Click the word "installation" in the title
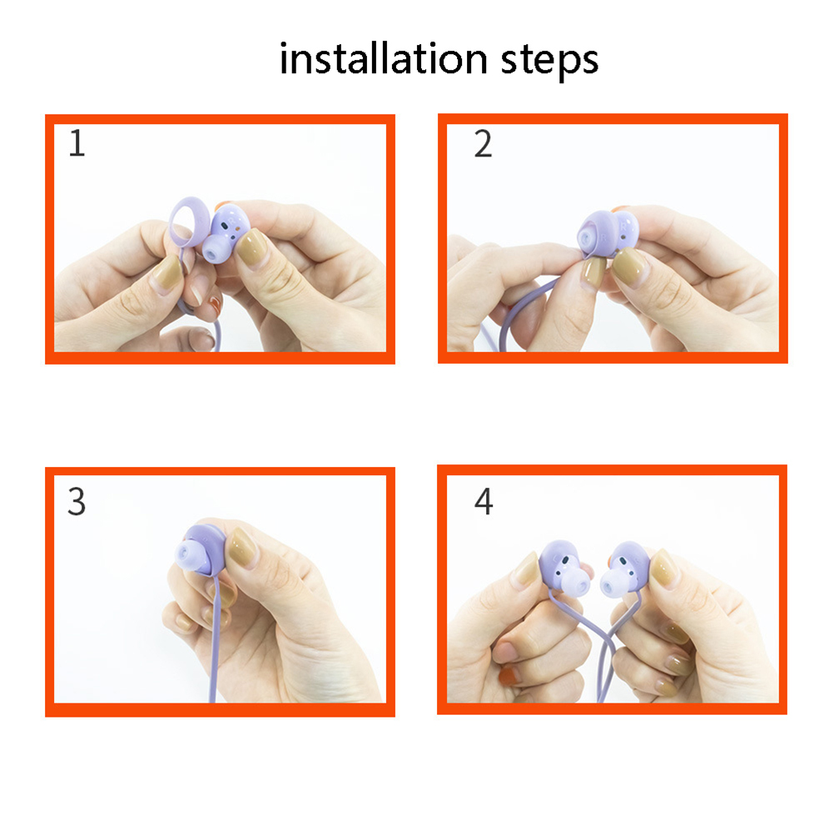383,58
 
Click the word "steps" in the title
549,61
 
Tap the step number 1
77,143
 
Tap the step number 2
483,143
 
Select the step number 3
77,502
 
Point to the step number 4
484,501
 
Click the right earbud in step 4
623,570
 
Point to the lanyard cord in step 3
215,638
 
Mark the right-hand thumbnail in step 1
251,248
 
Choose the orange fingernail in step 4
509,677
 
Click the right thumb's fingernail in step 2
630,268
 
